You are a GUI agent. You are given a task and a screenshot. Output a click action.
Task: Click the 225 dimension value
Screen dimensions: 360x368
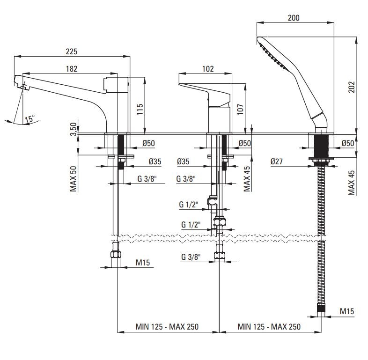click(72, 51)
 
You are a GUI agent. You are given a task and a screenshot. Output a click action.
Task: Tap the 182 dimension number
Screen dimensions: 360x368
click(72, 68)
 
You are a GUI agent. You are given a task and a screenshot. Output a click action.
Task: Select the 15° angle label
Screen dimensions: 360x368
click(30, 119)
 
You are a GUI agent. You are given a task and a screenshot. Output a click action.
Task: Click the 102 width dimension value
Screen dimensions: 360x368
click(207, 68)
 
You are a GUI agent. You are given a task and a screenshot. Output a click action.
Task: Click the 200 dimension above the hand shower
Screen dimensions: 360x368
click(294, 18)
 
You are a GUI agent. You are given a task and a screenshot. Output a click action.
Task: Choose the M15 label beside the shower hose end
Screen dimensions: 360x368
click(346, 311)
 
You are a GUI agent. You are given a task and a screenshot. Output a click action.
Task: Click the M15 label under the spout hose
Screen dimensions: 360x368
click(142, 263)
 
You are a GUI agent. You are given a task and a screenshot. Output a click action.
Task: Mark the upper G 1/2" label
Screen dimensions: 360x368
click(189, 205)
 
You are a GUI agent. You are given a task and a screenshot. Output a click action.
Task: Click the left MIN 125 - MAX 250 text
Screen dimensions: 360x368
click(167, 327)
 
